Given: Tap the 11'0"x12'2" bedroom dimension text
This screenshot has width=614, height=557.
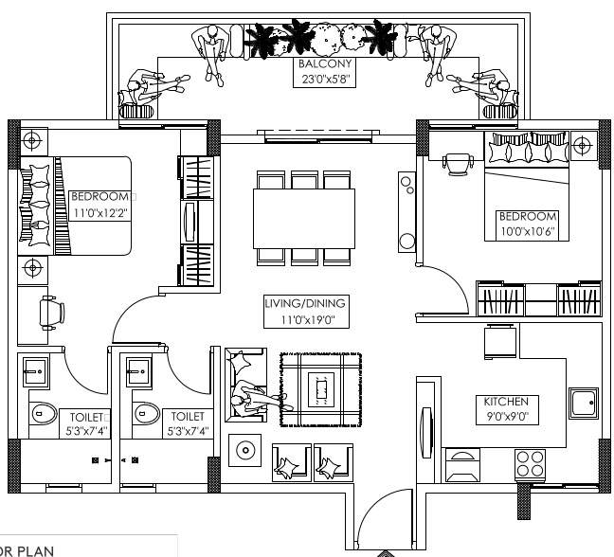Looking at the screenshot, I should tap(99, 212).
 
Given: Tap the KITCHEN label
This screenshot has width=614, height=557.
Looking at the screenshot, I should tap(506, 402).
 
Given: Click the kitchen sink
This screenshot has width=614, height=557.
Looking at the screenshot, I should tap(583, 404).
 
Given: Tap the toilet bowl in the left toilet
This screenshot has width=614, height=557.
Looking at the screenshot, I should tap(43, 413).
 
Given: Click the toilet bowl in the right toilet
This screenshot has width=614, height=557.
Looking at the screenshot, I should tap(147, 413).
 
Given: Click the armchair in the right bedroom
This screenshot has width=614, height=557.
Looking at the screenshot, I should tap(459, 163).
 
